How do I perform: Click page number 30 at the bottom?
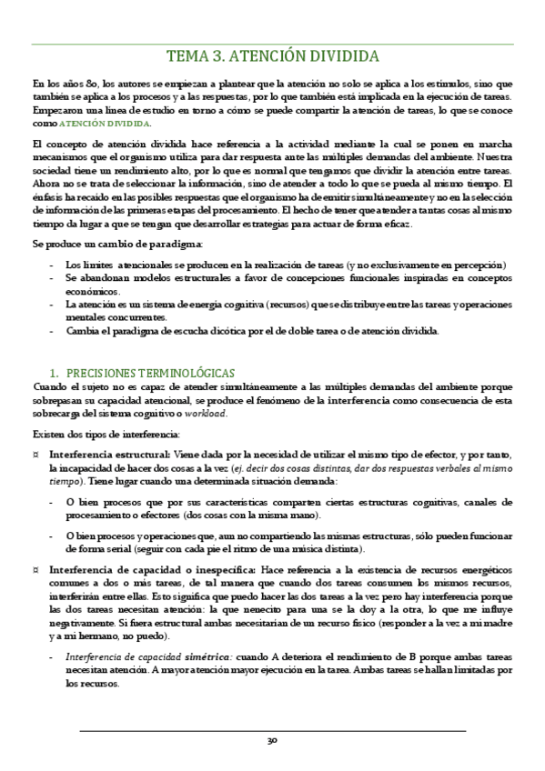coord(272,741)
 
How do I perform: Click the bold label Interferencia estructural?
coord(109,454)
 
